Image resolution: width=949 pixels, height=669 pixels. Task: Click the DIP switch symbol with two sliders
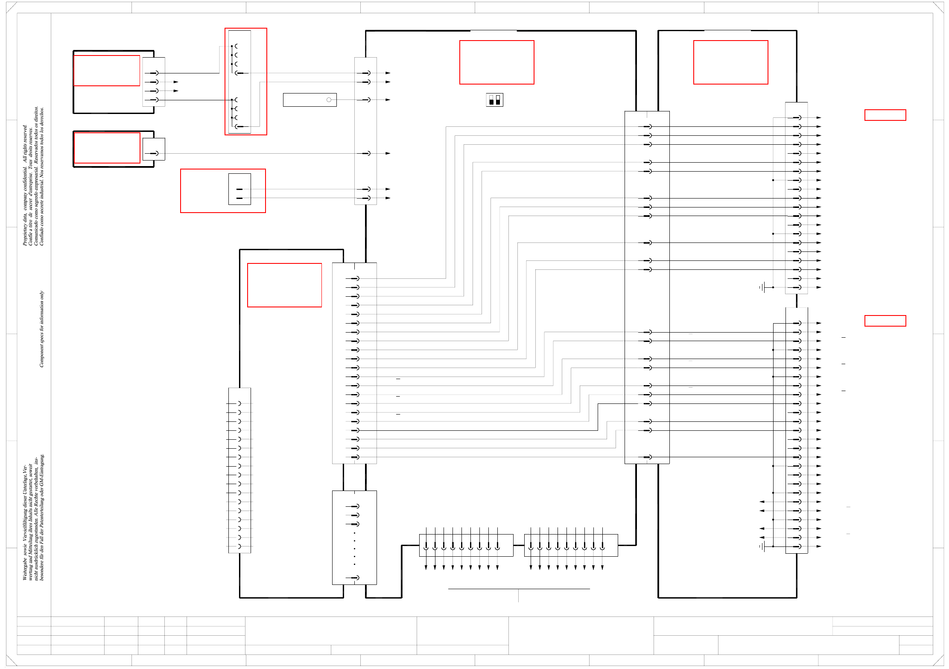coord(494,100)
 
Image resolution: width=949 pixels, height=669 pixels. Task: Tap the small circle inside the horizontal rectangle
coord(329,100)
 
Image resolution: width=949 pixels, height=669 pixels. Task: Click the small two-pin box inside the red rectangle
coord(239,189)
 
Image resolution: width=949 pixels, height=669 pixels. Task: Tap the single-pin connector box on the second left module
coord(154,149)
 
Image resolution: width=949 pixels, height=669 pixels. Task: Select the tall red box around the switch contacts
coord(246,82)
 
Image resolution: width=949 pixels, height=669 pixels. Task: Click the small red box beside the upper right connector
coord(885,115)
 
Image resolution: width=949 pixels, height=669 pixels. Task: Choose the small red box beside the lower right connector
coord(885,321)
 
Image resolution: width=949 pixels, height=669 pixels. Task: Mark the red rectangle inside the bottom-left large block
coord(284,285)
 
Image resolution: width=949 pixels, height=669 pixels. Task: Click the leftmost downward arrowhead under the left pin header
coord(426,567)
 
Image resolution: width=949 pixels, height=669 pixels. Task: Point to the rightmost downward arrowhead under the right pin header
coord(602,567)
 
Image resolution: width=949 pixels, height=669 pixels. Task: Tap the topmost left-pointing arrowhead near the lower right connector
coord(762,502)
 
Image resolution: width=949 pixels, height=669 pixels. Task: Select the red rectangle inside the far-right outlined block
coord(730,62)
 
